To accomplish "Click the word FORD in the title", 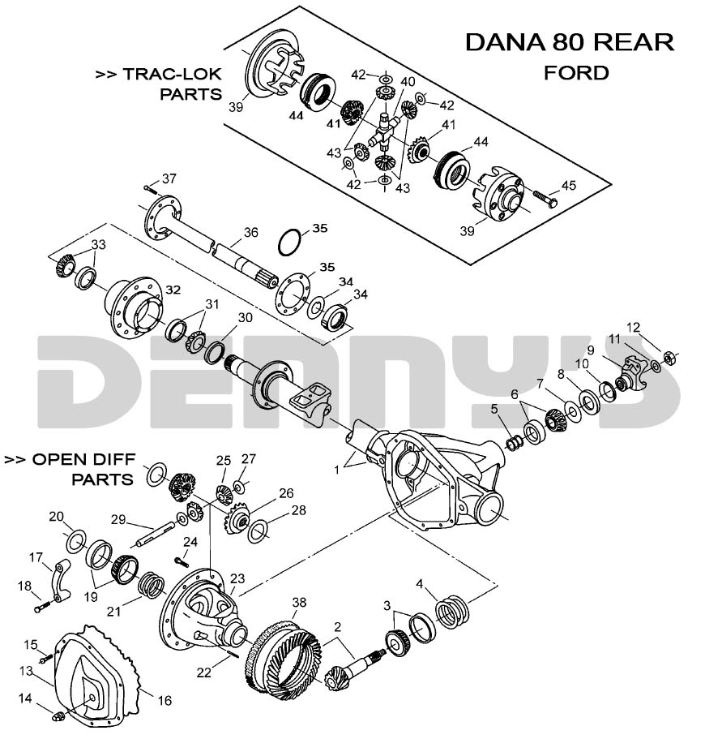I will [576, 72].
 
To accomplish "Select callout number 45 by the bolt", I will [568, 186].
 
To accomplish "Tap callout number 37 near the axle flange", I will [169, 178].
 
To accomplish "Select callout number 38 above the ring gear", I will [299, 602].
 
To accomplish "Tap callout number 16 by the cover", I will [164, 699].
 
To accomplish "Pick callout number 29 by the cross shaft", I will [118, 519].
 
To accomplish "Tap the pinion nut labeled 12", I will [670, 356].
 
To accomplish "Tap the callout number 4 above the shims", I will [420, 584].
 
